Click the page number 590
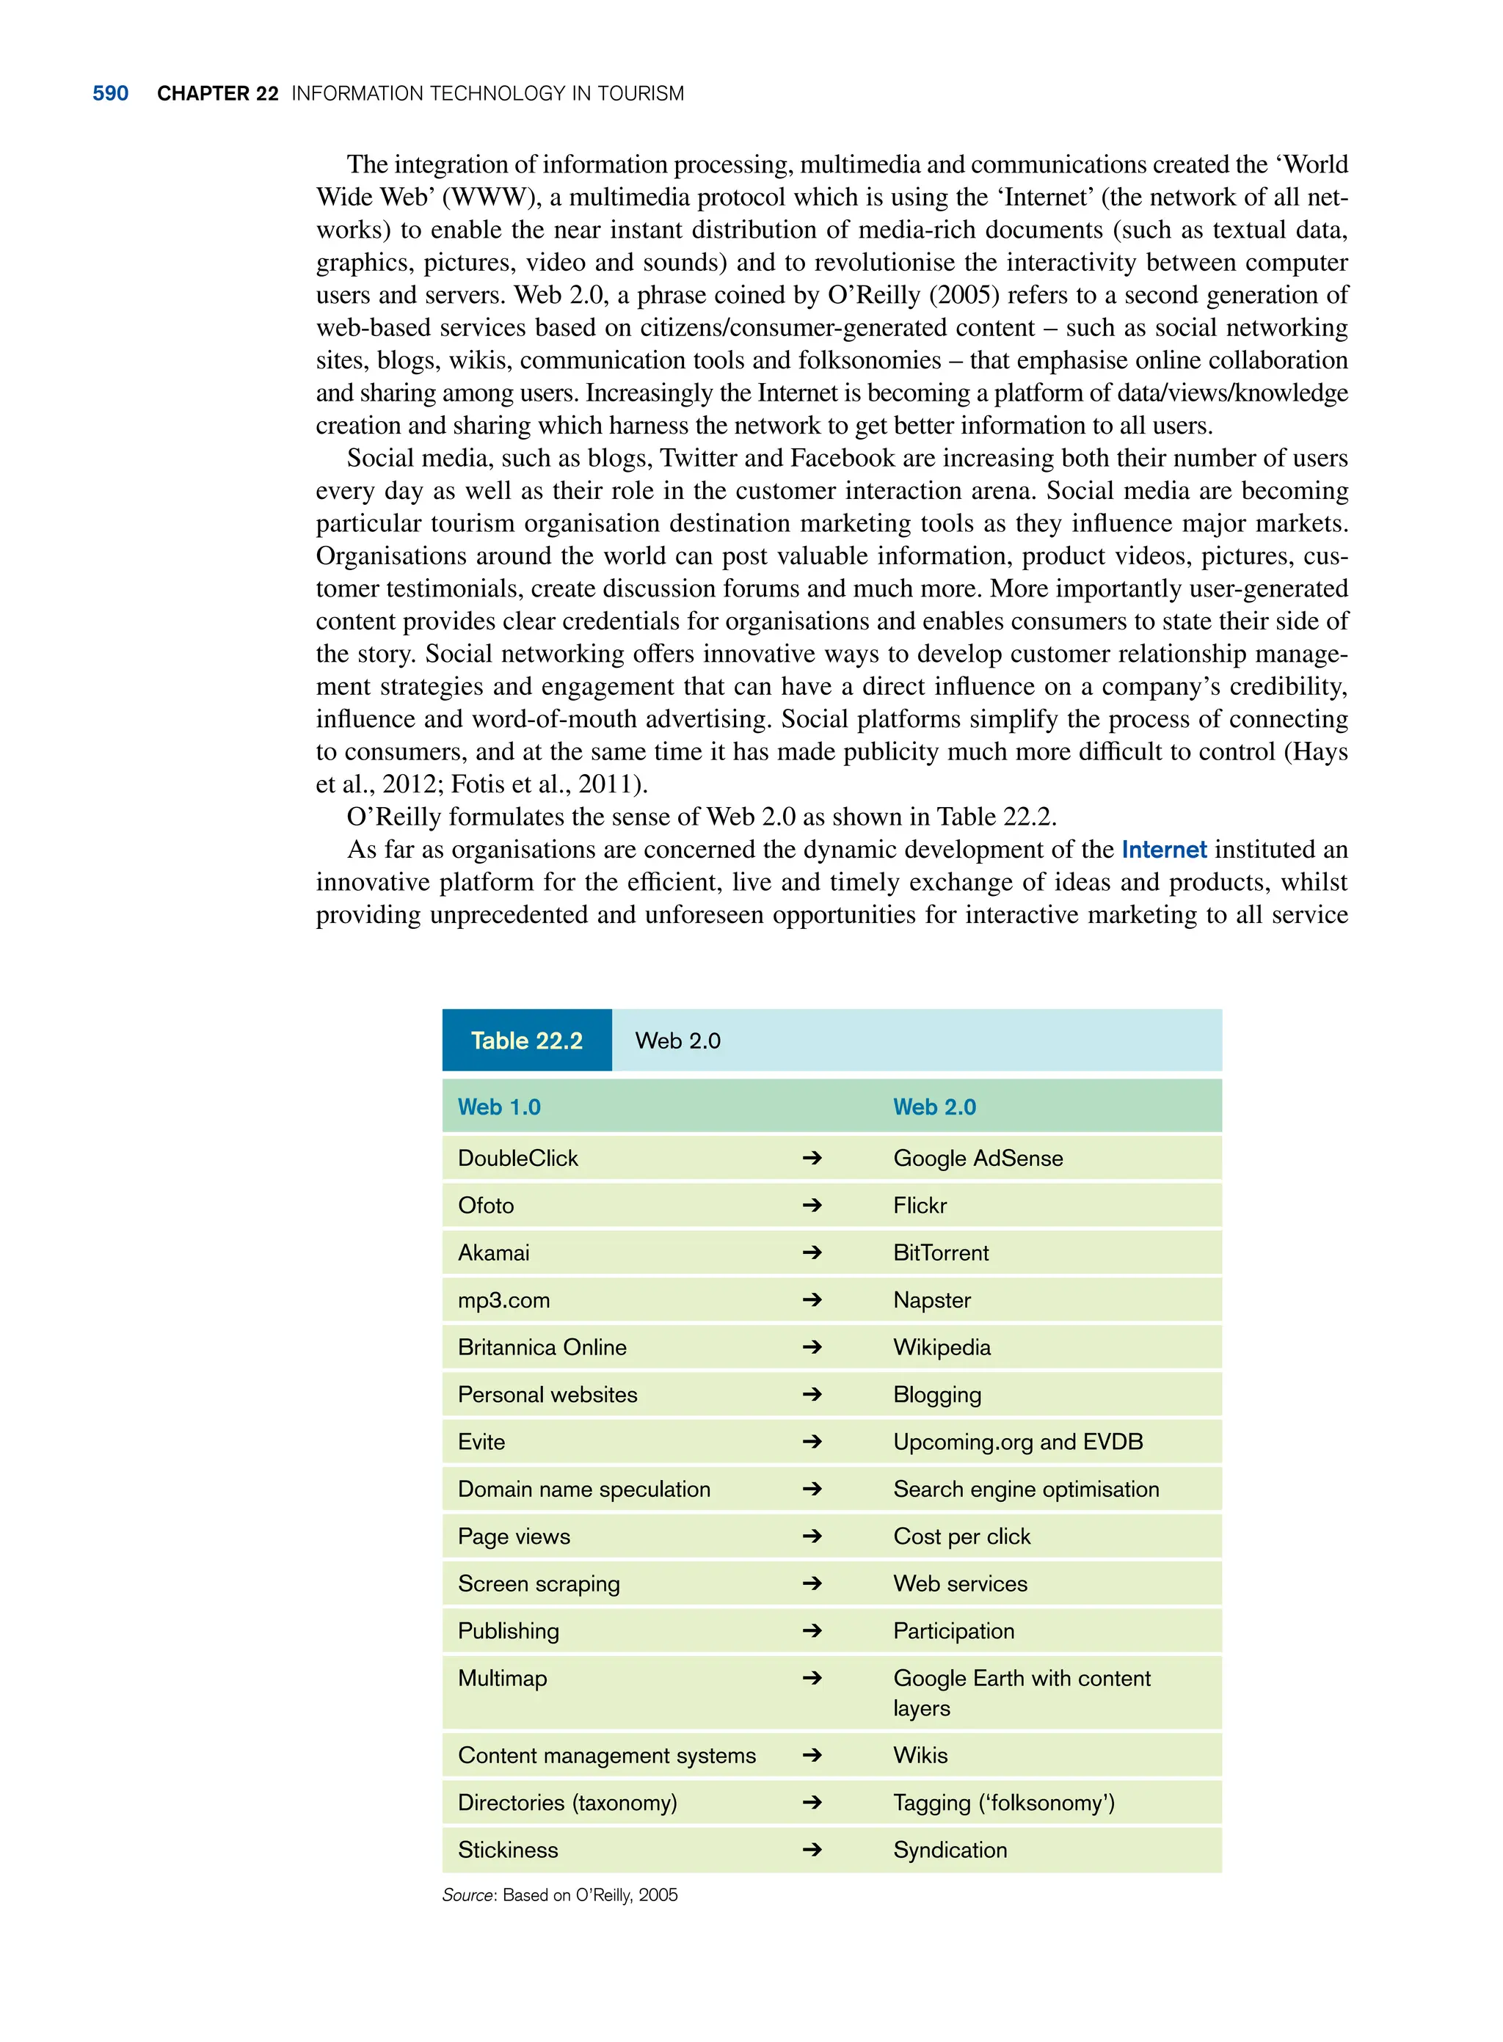click(x=110, y=94)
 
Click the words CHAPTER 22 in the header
click(x=217, y=94)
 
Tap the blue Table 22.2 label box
click(x=527, y=1040)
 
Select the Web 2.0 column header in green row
click(x=934, y=1107)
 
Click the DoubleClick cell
click(x=517, y=1158)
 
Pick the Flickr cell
click(x=920, y=1206)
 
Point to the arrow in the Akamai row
click(x=812, y=1252)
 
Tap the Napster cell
click(x=931, y=1299)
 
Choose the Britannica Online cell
click(x=542, y=1347)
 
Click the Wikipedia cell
click(x=942, y=1347)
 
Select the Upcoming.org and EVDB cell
click(x=1018, y=1442)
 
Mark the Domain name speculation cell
click(x=584, y=1489)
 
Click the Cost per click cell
click(x=961, y=1536)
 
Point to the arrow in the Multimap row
click(x=812, y=1678)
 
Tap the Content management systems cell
click(x=607, y=1756)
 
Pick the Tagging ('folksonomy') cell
click(x=1003, y=1803)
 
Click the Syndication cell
click(x=950, y=1850)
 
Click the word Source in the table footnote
click(x=467, y=1895)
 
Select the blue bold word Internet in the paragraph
click(x=1164, y=850)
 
